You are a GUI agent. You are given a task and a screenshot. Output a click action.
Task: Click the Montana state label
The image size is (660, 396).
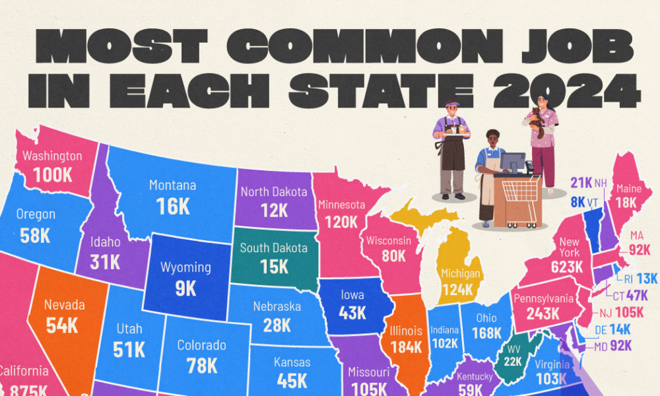click(x=173, y=186)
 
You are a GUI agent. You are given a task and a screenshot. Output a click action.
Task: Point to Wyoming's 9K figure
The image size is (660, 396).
click(x=185, y=288)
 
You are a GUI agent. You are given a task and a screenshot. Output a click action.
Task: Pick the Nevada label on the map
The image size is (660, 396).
click(x=64, y=305)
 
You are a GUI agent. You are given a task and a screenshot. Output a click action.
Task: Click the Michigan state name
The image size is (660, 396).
click(x=461, y=273)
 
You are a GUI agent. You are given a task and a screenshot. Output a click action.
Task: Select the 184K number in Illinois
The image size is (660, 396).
click(x=406, y=347)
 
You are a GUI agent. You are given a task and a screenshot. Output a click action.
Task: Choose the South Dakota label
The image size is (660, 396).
click(x=273, y=249)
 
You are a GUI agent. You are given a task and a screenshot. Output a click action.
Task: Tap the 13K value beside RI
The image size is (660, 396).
click(x=647, y=279)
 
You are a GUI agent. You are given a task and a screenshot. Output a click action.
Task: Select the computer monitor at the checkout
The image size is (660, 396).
click(x=512, y=161)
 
